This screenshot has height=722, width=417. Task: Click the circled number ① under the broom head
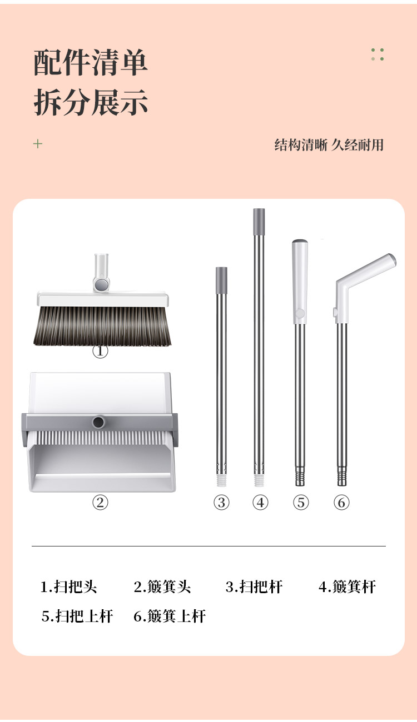[100, 350]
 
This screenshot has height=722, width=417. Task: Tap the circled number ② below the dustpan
[100, 502]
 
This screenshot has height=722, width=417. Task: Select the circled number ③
[221, 502]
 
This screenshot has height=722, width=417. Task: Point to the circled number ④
[260, 502]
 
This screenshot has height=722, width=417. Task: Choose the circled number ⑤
[301, 502]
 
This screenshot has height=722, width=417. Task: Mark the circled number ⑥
[341, 502]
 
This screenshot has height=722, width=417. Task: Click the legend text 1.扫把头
[68, 586]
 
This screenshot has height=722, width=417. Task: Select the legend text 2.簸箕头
[162, 586]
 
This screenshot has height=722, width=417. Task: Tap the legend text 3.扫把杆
[254, 586]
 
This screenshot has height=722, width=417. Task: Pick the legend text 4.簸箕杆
[348, 586]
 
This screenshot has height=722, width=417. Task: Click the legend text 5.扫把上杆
[77, 616]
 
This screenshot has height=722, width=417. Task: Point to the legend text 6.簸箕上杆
[170, 616]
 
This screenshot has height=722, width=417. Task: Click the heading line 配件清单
[91, 63]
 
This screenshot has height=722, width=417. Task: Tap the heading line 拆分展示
[91, 102]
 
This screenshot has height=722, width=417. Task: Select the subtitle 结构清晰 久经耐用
[329, 145]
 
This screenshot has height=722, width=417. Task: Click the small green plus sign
[38, 144]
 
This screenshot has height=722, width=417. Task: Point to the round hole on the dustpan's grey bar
[98, 422]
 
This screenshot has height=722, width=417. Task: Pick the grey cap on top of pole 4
[259, 222]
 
